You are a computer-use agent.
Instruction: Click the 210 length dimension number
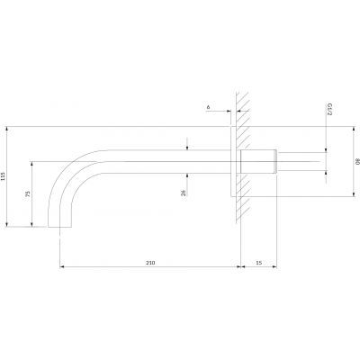click(150, 263)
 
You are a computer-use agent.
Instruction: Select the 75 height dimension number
click(28, 193)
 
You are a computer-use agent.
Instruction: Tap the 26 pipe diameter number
click(184, 193)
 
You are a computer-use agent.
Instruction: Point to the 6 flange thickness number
click(209, 107)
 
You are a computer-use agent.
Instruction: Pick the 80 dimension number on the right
click(356, 162)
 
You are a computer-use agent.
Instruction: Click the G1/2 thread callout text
click(329, 109)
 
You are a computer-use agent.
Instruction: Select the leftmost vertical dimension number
click(3, 175)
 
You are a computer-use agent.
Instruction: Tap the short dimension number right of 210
click(259, 263)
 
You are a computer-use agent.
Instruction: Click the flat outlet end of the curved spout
click(59, 227)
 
